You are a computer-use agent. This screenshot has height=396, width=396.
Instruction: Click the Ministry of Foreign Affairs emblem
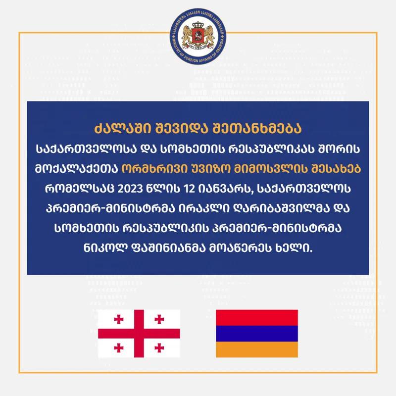(x=198, y=36)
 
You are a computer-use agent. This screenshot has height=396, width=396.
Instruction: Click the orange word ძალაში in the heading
(x=123, y=129)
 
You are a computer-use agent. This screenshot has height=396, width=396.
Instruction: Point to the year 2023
(x=130, y=189)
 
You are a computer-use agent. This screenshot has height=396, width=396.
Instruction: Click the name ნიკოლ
(x=105, y=248)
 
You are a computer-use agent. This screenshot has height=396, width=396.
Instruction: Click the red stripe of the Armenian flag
(x=257, y=318)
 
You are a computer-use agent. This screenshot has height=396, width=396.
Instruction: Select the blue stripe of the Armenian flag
(x=257, y=334)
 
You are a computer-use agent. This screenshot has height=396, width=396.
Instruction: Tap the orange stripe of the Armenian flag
(x=257, y=349)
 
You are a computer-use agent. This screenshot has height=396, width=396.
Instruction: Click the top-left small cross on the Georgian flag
(x=119, y=319)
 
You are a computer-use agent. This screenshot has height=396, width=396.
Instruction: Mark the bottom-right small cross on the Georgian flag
(x=159, y=348)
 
